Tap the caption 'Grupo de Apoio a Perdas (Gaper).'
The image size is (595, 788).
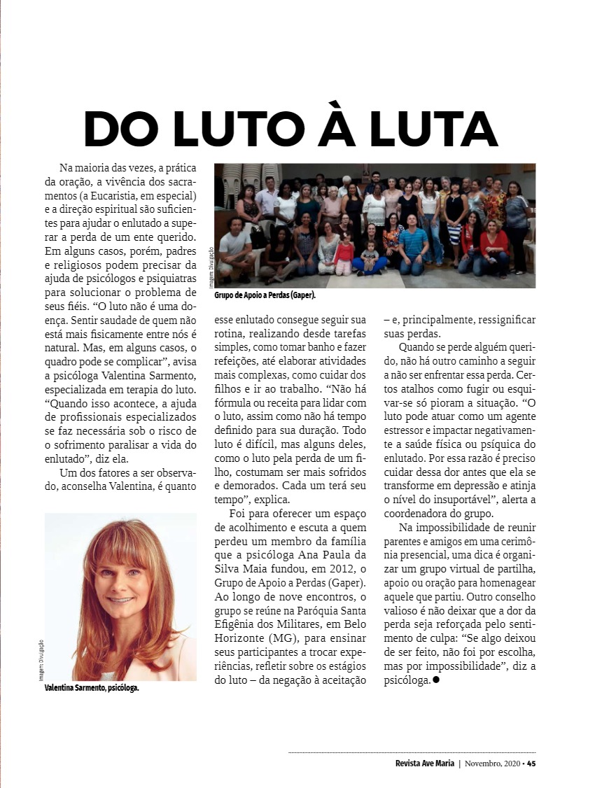[265, 295]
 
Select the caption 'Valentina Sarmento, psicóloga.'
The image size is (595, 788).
[92, 688]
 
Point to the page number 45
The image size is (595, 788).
[531, 763]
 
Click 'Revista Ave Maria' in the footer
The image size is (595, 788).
[425, 763]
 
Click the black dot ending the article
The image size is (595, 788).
[436, 679]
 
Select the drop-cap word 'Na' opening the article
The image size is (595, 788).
[66, 168]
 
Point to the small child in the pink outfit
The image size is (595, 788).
[344, 254]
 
